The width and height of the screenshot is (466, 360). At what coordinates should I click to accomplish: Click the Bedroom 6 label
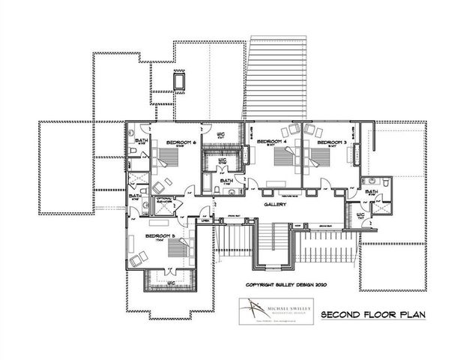[x=180, y=142]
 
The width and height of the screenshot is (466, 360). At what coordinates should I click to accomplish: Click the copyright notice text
[x=287, y=285]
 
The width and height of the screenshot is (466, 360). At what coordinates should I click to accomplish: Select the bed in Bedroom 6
[x=167, y=159]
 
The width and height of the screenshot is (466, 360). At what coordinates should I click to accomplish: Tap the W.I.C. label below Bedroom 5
[x=171, y=284]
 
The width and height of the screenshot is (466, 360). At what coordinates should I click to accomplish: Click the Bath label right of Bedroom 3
[x=371, y=192]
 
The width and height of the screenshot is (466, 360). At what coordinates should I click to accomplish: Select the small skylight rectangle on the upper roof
[x=181, y=80]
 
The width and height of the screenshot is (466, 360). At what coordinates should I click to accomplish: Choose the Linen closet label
[x=205, y=220]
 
